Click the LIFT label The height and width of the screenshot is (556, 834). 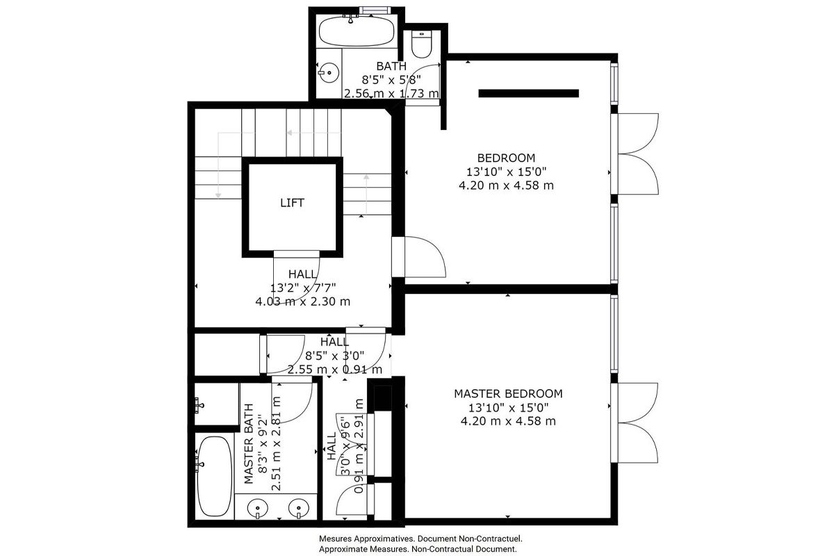[x=293, y=203]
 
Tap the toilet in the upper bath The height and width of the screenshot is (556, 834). [x=422, y=44]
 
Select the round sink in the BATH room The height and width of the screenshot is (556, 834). [x=329, y=73]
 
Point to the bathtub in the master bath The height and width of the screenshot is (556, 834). [x=213, y=476]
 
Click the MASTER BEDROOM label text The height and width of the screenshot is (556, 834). [x=508, y=393]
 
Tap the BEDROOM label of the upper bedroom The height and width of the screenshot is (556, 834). [x=506, y=158]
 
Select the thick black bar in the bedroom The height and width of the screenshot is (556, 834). [x=528, y=93]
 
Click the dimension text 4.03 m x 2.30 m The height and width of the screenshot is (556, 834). [x=303, y=301]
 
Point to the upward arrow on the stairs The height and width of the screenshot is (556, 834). [x=366, y=195]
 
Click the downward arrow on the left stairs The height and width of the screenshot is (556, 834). [x=218, y=165]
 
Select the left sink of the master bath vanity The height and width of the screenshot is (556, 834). [x=257, y=508]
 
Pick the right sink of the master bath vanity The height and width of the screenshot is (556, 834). [x=299, y=508]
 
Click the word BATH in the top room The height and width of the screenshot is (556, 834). [x=391, y=66]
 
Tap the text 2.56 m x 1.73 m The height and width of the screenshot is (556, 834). [x=391, y=93]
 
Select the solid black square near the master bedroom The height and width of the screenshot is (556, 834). [x=382, y=398]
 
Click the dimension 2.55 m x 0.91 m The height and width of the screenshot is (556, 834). [x=335, y=370]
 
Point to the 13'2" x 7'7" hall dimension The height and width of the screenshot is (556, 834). [x=303, y=288]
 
